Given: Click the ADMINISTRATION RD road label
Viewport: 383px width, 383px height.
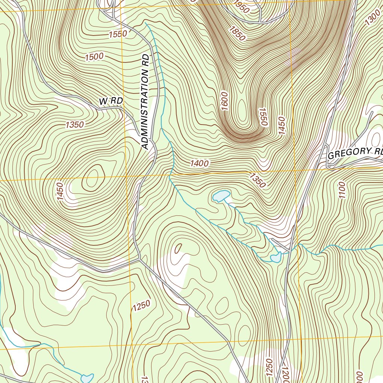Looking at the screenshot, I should pos(145,102).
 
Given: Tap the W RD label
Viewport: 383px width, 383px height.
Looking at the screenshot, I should pos(111,101).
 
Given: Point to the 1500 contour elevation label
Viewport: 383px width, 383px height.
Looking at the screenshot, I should pos(94,57).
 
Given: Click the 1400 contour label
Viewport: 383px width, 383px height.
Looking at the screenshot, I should pos(199,163).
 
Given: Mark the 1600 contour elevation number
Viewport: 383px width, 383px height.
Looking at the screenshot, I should pos(224,101).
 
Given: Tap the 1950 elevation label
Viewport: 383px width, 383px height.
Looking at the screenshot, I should pos(242,7).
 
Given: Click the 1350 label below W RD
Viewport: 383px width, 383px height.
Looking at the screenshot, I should pos(74,125).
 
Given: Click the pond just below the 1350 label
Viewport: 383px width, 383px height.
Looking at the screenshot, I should pos(221,196).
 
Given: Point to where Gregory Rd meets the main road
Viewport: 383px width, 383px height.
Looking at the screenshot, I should pos(326,166).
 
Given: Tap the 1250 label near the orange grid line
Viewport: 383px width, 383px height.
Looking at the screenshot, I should pos(141,305).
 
